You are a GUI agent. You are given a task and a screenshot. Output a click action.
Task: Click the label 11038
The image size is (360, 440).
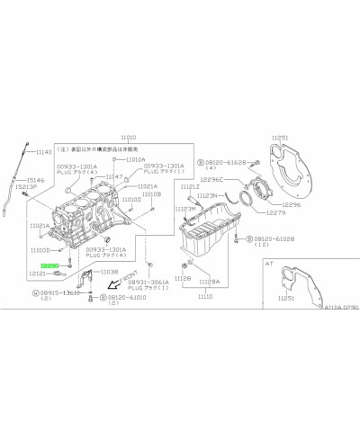tap(108, 272)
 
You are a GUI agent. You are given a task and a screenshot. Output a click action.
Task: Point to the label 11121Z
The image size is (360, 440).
tap(190, 186)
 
